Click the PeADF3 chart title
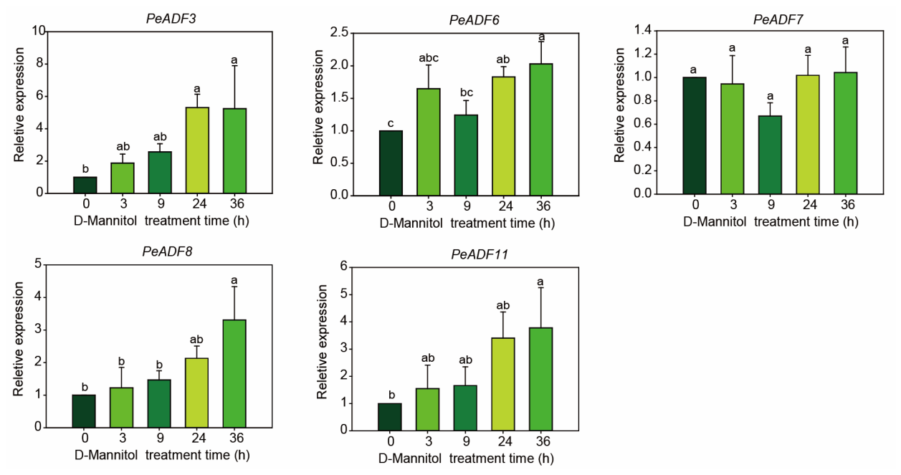pyautogui.click(x=171, y=19)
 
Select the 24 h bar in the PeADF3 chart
pyautogui.click(x=197, y=150)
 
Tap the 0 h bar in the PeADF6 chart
pyautogui.click(x=391, y=163)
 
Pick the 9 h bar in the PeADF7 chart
pyautogui.click(x=771, y=155)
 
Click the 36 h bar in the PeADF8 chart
pyautogui.click(x=234, y=374)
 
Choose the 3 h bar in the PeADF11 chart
pyautogui.click(x=428, y=409)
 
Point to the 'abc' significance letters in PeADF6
pyautogui.click(x=429, y=58)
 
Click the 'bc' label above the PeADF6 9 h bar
pyautogui.click(x=466, y=92)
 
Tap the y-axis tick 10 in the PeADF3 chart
pyautogui.click(x=39, y=31)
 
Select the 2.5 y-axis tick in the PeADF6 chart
pyautogui.click(x=339, y=32)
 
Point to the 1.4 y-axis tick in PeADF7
pyautogui.click(x=643, y=30)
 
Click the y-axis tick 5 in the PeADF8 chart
pyautogui.click(x=38, y=264)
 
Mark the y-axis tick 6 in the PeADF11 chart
pyautogui.click(x=343, y=267)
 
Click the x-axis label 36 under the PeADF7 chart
pyautogui.click(x=847, y=205)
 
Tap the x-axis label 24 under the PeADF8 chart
pyautogui.click(x=199, y=438)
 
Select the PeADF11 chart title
pyautogui.click(x=480, y=254)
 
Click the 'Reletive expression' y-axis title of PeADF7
pyautogui.click(x=619, y=105)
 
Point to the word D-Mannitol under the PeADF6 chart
pyautogui.click(x=411, y=224)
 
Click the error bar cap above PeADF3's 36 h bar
pyautogui.click(x=234, y=66)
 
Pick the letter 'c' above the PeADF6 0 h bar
pyautogui.click(x=391, y=123)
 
